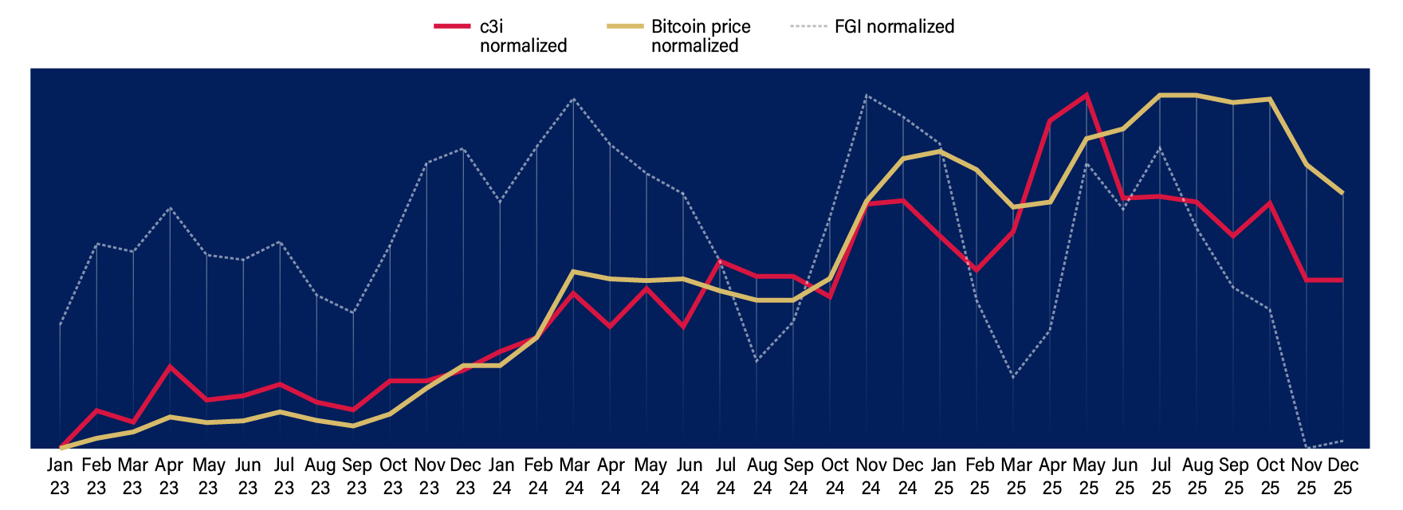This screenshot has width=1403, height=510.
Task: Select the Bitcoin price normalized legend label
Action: (700, 36)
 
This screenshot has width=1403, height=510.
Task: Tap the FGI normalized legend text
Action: (894, 26)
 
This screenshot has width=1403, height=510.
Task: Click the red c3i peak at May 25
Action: (1086, 95)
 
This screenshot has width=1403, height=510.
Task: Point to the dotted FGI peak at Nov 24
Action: (867, 96)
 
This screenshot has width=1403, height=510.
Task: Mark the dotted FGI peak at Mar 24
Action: (574, 99)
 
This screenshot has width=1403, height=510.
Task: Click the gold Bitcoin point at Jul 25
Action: (1160, 95)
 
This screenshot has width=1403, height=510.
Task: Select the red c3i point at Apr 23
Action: (169, 367)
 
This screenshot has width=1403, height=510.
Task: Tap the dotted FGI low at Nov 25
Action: (1307, 447)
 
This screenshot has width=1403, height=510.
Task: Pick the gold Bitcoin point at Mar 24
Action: (574, 272)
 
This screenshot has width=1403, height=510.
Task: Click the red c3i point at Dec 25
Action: (1343, 280)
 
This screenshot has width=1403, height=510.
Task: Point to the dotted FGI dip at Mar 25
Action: (1012, 377)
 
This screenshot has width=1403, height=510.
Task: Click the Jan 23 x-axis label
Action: (60, 476)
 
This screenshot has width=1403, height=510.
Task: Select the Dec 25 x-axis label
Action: (1343, 476)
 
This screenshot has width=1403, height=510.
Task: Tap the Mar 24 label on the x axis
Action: (574, 476)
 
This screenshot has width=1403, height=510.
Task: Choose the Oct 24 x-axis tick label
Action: (835, 476)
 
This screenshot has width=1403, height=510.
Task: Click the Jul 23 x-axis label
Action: (284, 476)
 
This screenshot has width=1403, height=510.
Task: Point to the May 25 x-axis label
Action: (1088, 476)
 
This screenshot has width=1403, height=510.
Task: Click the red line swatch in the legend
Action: (452, 26)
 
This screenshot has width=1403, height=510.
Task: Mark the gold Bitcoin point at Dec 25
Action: (1343, 193)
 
